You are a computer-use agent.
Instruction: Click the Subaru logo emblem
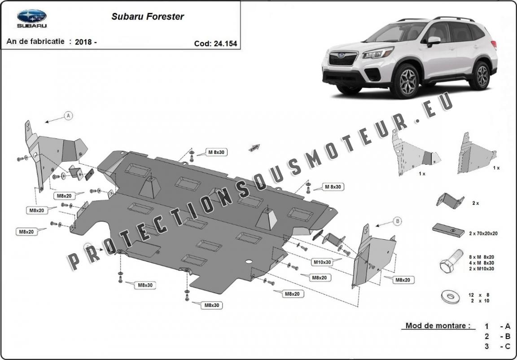[x=32, y=16]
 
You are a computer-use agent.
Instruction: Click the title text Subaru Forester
[x=147, y=17]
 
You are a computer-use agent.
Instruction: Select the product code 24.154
[x=225, y=44]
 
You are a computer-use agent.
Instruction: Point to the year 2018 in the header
[x=83, y=42]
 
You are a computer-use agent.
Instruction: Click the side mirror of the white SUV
[x=434, y=41]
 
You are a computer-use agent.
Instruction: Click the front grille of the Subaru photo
[x=342, y=59]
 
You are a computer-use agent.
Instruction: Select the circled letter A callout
[x=68, y=116]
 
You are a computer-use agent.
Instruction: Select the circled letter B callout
[x=398, y=221]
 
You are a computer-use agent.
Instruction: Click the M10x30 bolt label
[x=322, y=262]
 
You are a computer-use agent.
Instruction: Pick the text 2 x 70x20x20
[x=483, y=233]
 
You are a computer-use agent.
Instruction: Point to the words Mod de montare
[x=438, y=326]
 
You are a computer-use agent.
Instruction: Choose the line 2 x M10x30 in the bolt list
[x=482, y=269]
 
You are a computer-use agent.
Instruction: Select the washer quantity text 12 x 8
[x=479, y=295]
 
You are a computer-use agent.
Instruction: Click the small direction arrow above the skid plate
[x=254, y=148]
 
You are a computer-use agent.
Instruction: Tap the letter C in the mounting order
[x=507, y=346]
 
